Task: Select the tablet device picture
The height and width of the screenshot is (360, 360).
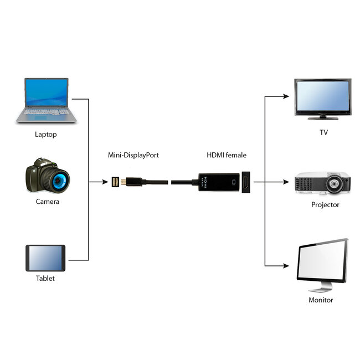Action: [x=45, y=258]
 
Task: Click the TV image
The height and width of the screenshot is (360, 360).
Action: [x=322, y=98]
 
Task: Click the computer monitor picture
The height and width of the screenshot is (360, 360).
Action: [x=321, y=265]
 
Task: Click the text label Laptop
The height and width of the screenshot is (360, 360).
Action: [x=46, y=134]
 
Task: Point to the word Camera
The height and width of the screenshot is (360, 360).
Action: [x=48, y=202]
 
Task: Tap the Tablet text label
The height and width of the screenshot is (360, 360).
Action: [x=45, y=279]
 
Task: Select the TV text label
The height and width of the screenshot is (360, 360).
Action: [x=324, y=132]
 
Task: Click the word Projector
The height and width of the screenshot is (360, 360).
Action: [x=325, y=205]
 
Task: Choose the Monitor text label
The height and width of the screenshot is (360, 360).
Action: [x=321, y=300]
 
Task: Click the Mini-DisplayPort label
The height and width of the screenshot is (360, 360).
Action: [x=133, y=155]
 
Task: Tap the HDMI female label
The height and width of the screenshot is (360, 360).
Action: [x=227, y=155]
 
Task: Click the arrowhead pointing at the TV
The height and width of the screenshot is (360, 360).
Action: [x=286, y=96]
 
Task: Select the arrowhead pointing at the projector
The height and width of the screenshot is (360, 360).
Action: [x=286, y=181]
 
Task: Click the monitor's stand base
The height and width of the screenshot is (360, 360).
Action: [x=320, y=289]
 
